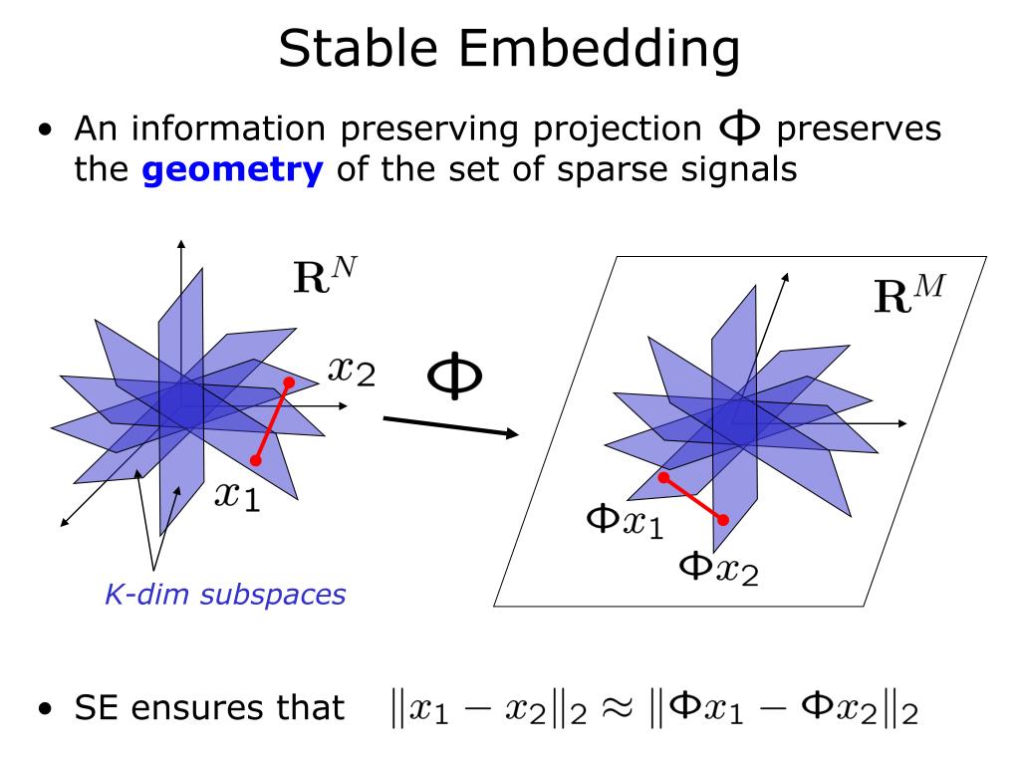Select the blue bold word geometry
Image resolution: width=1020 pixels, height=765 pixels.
[x=233, y=169]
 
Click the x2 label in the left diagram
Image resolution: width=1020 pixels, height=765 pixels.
[x=351, y=371]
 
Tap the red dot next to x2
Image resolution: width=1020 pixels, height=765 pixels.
[x=289, y=382]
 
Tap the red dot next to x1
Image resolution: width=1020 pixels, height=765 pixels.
[x=256, y=460]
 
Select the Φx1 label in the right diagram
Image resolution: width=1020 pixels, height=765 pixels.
[x=624, y=522]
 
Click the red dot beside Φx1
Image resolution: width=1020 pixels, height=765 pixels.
[x=663, y=477]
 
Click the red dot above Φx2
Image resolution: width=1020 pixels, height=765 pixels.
[x=723, y=519]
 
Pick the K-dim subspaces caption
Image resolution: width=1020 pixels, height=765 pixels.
[x=225, y=596]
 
